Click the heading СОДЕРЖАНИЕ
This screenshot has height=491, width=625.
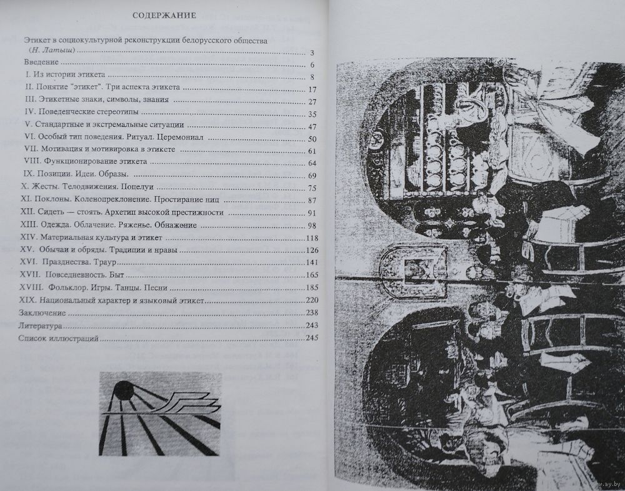164,16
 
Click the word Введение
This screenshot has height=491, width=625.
41,62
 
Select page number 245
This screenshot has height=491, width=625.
312,338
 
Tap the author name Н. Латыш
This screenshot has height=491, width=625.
52,51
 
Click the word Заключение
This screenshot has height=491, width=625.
42,313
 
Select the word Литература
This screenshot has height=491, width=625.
40,325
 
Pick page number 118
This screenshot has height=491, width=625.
312,238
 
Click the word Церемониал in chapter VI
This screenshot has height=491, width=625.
180,137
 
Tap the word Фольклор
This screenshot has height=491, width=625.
66,287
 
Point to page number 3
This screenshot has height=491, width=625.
312,53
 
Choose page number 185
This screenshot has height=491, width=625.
312,287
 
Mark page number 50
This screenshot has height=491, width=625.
312,139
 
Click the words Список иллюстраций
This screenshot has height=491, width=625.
58,339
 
